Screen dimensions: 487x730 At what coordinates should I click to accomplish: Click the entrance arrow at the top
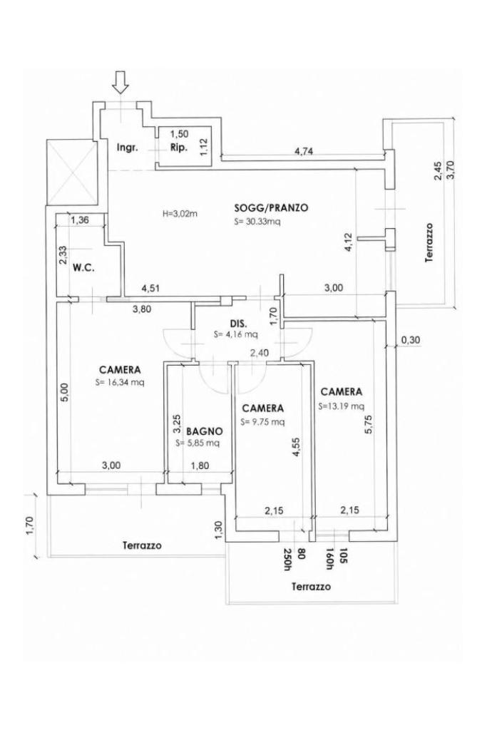121,82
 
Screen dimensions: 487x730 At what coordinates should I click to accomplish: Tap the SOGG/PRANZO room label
272,207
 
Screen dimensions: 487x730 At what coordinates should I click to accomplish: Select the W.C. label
84,268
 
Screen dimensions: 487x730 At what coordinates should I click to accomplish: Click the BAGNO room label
204,431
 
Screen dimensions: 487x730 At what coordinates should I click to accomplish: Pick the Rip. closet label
179,148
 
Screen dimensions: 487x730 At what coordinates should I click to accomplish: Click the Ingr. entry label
127,148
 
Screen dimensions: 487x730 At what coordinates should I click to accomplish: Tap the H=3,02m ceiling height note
180,214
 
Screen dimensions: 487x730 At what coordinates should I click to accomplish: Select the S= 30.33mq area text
257,222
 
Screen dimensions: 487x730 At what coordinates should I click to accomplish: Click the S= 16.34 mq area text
120,383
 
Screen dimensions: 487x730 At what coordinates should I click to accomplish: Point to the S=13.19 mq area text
342,406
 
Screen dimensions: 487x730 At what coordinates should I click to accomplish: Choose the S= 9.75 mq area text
262,422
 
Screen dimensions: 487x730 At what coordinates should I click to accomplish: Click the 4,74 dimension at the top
303,150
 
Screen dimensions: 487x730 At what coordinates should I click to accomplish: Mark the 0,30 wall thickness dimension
410,340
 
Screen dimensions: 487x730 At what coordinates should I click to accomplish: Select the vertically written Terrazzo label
429,242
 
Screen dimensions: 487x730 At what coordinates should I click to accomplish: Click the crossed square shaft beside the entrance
72,173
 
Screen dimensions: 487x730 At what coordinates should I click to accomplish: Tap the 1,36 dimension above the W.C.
80,220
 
